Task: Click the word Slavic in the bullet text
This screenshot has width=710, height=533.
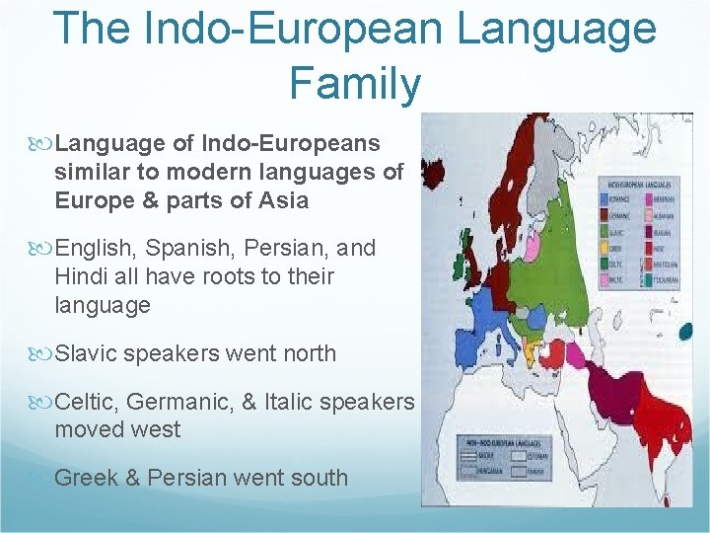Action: coord(87,353)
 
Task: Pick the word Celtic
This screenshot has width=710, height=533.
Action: coord(88,402)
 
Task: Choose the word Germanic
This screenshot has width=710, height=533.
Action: coord(181,402)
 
